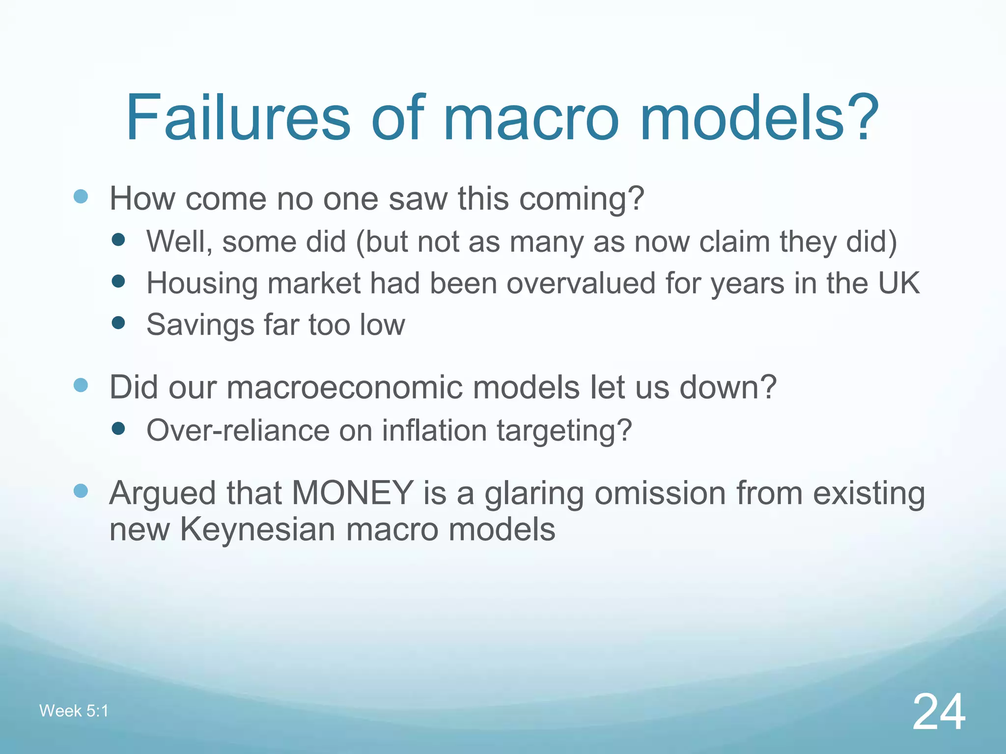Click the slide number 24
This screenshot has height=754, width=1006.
coord(939,712)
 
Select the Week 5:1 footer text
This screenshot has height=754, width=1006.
coord(74,711)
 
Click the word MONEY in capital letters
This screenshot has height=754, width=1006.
coord(353,493)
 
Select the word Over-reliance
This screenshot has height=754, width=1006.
coord(238,431)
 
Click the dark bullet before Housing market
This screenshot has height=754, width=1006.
coord(118,281)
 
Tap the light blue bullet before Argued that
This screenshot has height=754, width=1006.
coord(81,491)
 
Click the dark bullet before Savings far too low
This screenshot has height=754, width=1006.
coord(118,323)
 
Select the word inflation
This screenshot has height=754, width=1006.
coord(434,431)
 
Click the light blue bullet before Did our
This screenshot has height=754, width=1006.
coord(81,385)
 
